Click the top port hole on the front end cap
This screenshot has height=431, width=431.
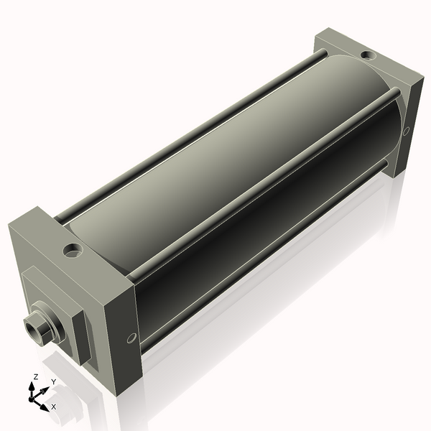click(73, 251)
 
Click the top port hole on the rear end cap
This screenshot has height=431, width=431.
click(368, 55)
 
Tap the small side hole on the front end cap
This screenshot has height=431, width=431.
click(131, 338)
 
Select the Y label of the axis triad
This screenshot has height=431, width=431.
click(53, 381)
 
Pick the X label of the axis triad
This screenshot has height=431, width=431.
click(53, 407)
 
